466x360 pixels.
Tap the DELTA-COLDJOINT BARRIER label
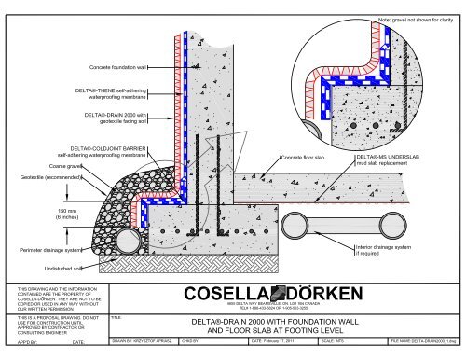click(103, 151)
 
